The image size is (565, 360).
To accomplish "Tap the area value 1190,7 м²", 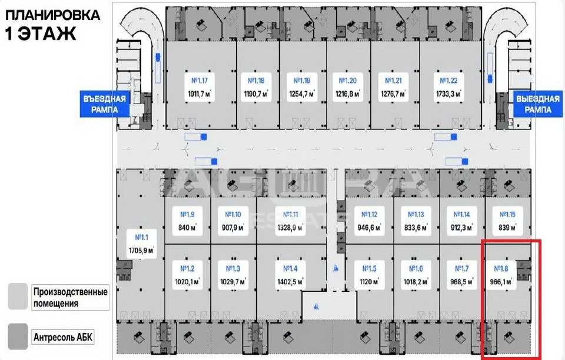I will [x=257, y=94].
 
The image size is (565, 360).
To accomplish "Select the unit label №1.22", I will [x=448, y=81].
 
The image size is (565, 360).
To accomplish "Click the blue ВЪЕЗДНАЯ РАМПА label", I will [x=105, y=104].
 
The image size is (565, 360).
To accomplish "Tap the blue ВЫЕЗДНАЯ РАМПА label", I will [x=538, y=104].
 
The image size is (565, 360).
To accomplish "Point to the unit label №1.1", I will [x=142, y=238].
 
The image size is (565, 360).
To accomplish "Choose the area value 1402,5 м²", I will [x=291, y=282].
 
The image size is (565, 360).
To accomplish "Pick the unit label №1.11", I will [x=291, y=214].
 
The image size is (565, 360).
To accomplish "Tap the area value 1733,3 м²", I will [x=448, y=94].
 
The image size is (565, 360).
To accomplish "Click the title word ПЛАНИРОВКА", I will [x=52, y=15].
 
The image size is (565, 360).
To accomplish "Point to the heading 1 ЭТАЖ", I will [x=41, y=34].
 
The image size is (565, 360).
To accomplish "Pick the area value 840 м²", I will [x=186, y=228].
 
